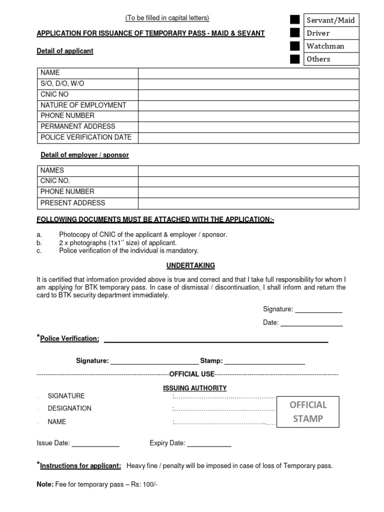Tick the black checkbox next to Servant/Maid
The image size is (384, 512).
tap(295, 20)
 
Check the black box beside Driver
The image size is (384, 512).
tap(295, 33)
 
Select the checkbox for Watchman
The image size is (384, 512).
tap(295, 46)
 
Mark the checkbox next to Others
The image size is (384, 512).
tap(295, 59)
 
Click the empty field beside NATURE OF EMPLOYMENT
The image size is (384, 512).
tap(248, 105)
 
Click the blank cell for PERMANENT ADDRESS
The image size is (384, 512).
tap(248, 126)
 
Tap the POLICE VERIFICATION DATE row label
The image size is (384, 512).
tap(86, 137)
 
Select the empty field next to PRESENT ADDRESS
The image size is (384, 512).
tap(248, 203)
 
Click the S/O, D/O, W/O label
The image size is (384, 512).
tap(62, 83)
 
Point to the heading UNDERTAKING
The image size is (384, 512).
tap(191, 265)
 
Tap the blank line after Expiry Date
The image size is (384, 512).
tap(209, 443)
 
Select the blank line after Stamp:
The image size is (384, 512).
tap(264, 361)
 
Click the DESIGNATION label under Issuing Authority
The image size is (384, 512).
tap(69, 408)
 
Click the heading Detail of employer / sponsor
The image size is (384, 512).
tap(84, 155)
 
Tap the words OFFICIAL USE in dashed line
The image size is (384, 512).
tap(192, 374)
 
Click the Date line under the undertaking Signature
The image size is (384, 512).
tap(311, 323)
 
